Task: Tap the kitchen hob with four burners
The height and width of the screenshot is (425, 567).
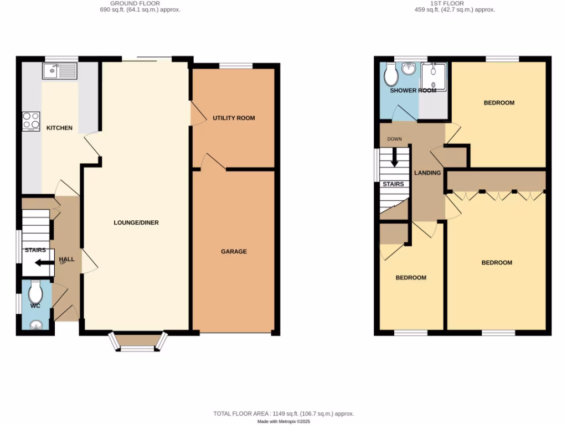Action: (30, 121)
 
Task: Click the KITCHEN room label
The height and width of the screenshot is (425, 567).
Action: (59, 128)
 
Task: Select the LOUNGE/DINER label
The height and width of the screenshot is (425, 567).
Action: (136, 223)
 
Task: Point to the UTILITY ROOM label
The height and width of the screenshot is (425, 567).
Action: (234, 118)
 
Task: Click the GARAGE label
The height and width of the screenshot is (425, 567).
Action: (234, 251)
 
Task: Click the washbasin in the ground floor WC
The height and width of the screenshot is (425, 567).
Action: (37, 325)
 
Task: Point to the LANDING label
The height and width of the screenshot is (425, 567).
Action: (427, 173)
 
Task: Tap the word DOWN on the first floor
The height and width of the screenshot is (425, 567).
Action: (394, 139)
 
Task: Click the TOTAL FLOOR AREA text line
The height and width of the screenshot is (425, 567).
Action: (283, 413)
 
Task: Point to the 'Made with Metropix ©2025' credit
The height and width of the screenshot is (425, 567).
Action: (283, 421)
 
